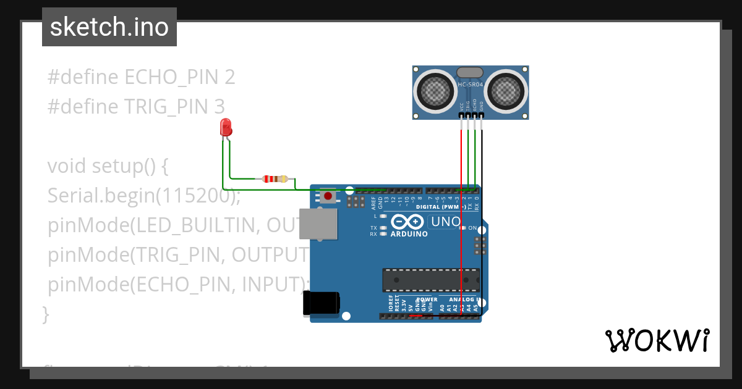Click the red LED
point(226,128)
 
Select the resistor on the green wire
point(275,179)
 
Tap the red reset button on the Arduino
point(328,197)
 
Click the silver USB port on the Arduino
point(318,224)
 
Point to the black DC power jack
point(321,303)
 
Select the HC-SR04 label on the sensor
point(471,84)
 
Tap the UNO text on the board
point(445,222)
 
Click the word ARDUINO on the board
point(409,234)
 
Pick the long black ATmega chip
point(430,280)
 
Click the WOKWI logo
point(657,340)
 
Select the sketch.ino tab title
point(109,27)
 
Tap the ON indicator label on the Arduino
point(472,228)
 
